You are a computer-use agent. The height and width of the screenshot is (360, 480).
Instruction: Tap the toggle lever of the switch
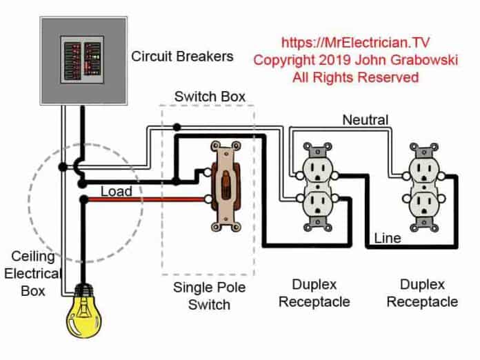[x=225, y=186]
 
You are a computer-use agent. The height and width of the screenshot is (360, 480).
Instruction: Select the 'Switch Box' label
[x=210, y=97]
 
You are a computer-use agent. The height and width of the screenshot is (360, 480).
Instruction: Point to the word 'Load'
[x=117, y=191]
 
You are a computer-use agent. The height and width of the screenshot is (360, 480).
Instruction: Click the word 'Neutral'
[x=366, y=120]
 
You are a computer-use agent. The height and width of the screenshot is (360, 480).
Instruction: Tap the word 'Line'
[x=388, y=238]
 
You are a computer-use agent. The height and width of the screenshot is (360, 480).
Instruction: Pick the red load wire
[x=145, y=200]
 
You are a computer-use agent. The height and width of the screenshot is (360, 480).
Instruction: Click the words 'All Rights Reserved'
[x=355, y=77]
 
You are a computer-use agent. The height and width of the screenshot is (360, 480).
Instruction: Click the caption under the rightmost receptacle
[x=422, y=293]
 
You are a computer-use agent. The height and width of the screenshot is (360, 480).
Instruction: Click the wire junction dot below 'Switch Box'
[x=177, y=127]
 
